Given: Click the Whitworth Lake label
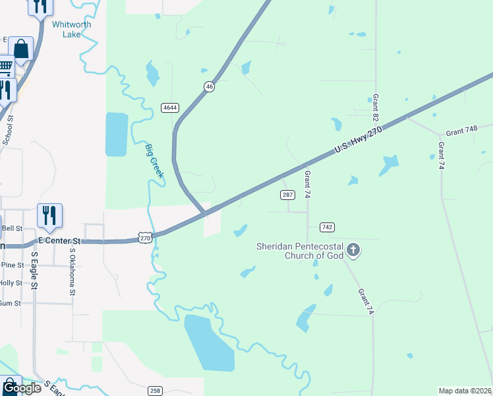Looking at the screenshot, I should tap(71, 30).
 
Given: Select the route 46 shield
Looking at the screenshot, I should tap(209, 86).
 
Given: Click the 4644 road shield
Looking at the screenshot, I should tap(170, 108).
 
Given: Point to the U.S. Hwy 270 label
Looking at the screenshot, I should tap(358, 141).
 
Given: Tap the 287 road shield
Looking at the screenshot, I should tap(287, 195).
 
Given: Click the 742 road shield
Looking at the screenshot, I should tap(327, 227).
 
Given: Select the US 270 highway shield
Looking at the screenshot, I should tap(146, 238).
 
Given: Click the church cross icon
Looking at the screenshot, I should tap(354, 250).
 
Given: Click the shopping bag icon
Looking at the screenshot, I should tap(21, 49).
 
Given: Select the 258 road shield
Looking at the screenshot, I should tap(155, 390).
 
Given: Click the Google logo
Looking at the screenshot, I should tap(21, 388).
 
